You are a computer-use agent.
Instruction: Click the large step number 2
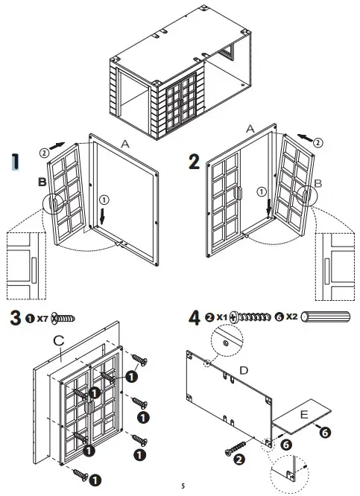point(193,160)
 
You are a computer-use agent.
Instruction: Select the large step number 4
point(195,317)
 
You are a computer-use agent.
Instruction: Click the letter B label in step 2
point(318,183)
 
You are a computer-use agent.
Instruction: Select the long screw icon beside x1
point(254,318)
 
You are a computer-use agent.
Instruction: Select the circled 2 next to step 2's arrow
point(318,141)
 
